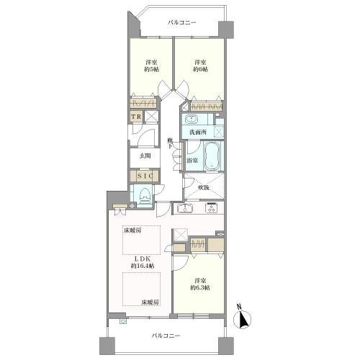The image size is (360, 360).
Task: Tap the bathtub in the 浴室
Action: (x=212, y=156)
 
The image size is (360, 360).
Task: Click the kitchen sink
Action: (x=185, y=208)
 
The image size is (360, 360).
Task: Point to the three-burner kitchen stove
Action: (x=212, y=208)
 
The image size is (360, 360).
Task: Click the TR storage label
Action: (x=136, y=117)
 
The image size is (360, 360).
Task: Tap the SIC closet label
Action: (x=145, y=176)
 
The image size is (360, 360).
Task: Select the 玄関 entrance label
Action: (x=145, y=156)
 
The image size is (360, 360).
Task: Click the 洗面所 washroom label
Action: (x=198, y=132)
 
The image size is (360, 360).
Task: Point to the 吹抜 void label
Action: (x=204, y=187)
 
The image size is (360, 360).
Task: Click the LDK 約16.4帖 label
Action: (x=143, y=262)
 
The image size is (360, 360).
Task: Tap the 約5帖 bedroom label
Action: (x=151, y=66)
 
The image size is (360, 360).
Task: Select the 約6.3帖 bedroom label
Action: (x=200, y=284)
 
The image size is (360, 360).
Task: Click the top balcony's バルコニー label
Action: (x=182, y=23)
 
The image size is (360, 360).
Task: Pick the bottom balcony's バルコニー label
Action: (x=166, y=336)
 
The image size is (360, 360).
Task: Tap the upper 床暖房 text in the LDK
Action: (x=132, y=231)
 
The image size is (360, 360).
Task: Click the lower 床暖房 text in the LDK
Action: (x=150, y=302)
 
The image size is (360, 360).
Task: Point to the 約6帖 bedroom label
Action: (x=200, y=66)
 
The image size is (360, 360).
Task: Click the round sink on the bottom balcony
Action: (x=123, y=321)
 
